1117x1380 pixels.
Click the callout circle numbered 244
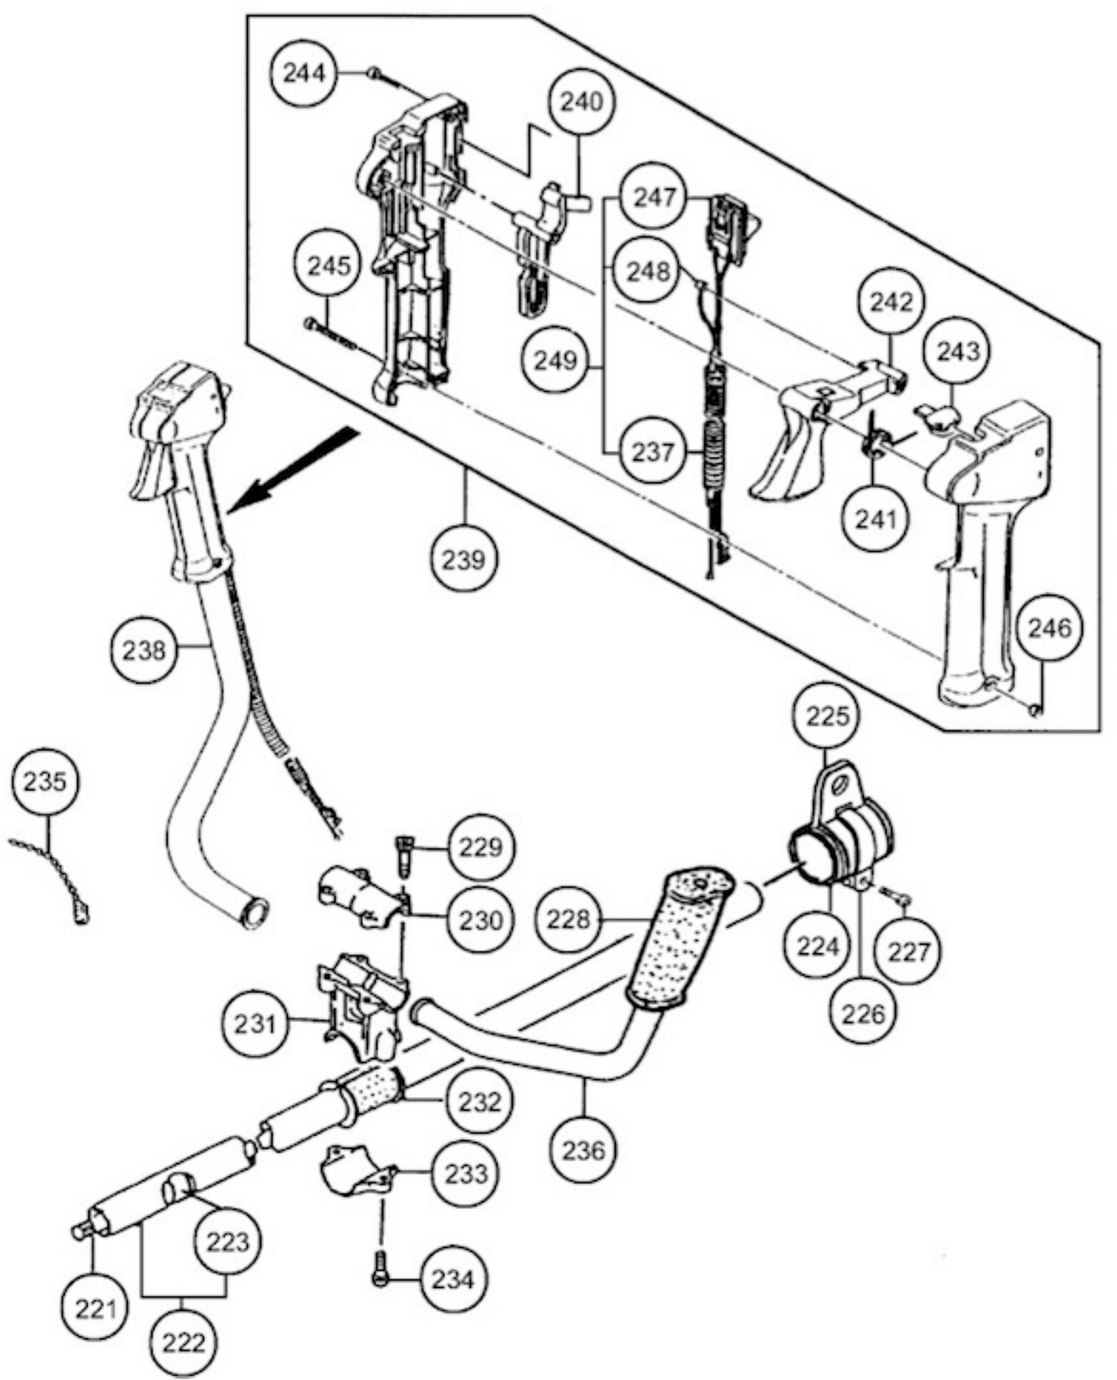click(305, 74)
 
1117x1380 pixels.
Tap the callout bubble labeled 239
click(464, 559)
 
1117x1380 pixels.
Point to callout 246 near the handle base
click(1049, 628)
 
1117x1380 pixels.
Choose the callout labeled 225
click(827, 716)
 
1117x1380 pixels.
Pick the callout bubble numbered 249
click(556, 360)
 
